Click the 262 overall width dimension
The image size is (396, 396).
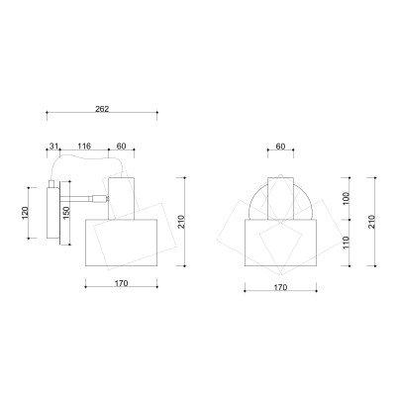102,109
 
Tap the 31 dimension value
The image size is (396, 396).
53,146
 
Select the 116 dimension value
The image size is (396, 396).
84,146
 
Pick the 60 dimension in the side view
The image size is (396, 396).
122,146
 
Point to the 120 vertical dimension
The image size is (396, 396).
26,212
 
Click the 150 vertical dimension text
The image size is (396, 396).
66,213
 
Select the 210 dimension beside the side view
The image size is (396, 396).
180,222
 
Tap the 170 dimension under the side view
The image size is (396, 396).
121,283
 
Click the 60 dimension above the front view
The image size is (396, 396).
280,147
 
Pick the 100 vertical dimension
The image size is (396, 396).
346,198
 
